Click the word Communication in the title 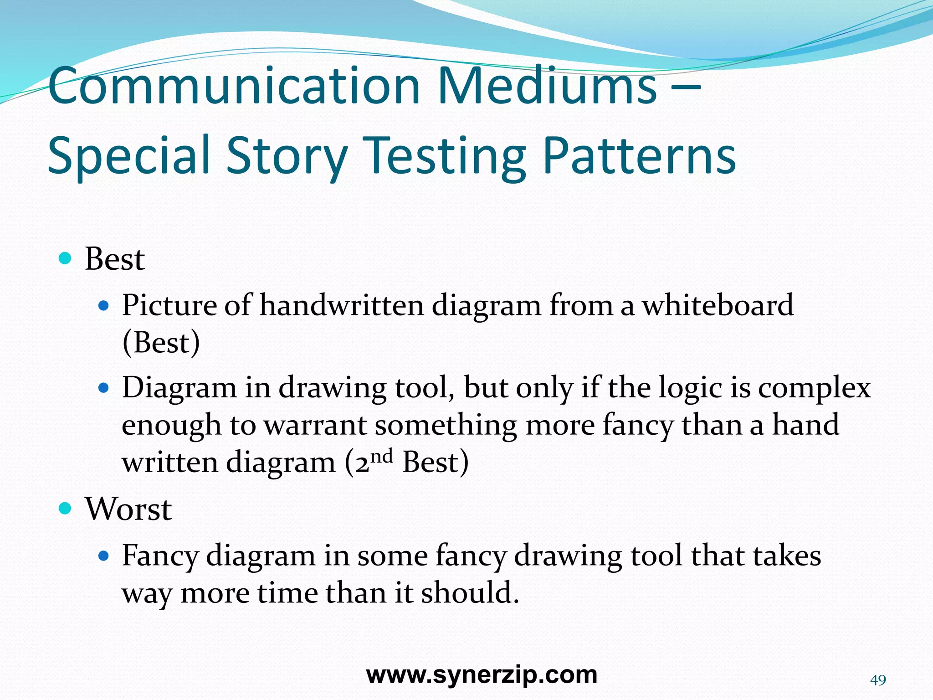234,86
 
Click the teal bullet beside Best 66,259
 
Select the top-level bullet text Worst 128,509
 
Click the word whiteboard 718,305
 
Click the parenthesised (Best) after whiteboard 161,343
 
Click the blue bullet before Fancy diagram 104,556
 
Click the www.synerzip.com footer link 482,675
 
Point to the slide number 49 878,680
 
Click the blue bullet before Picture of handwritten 104,305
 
